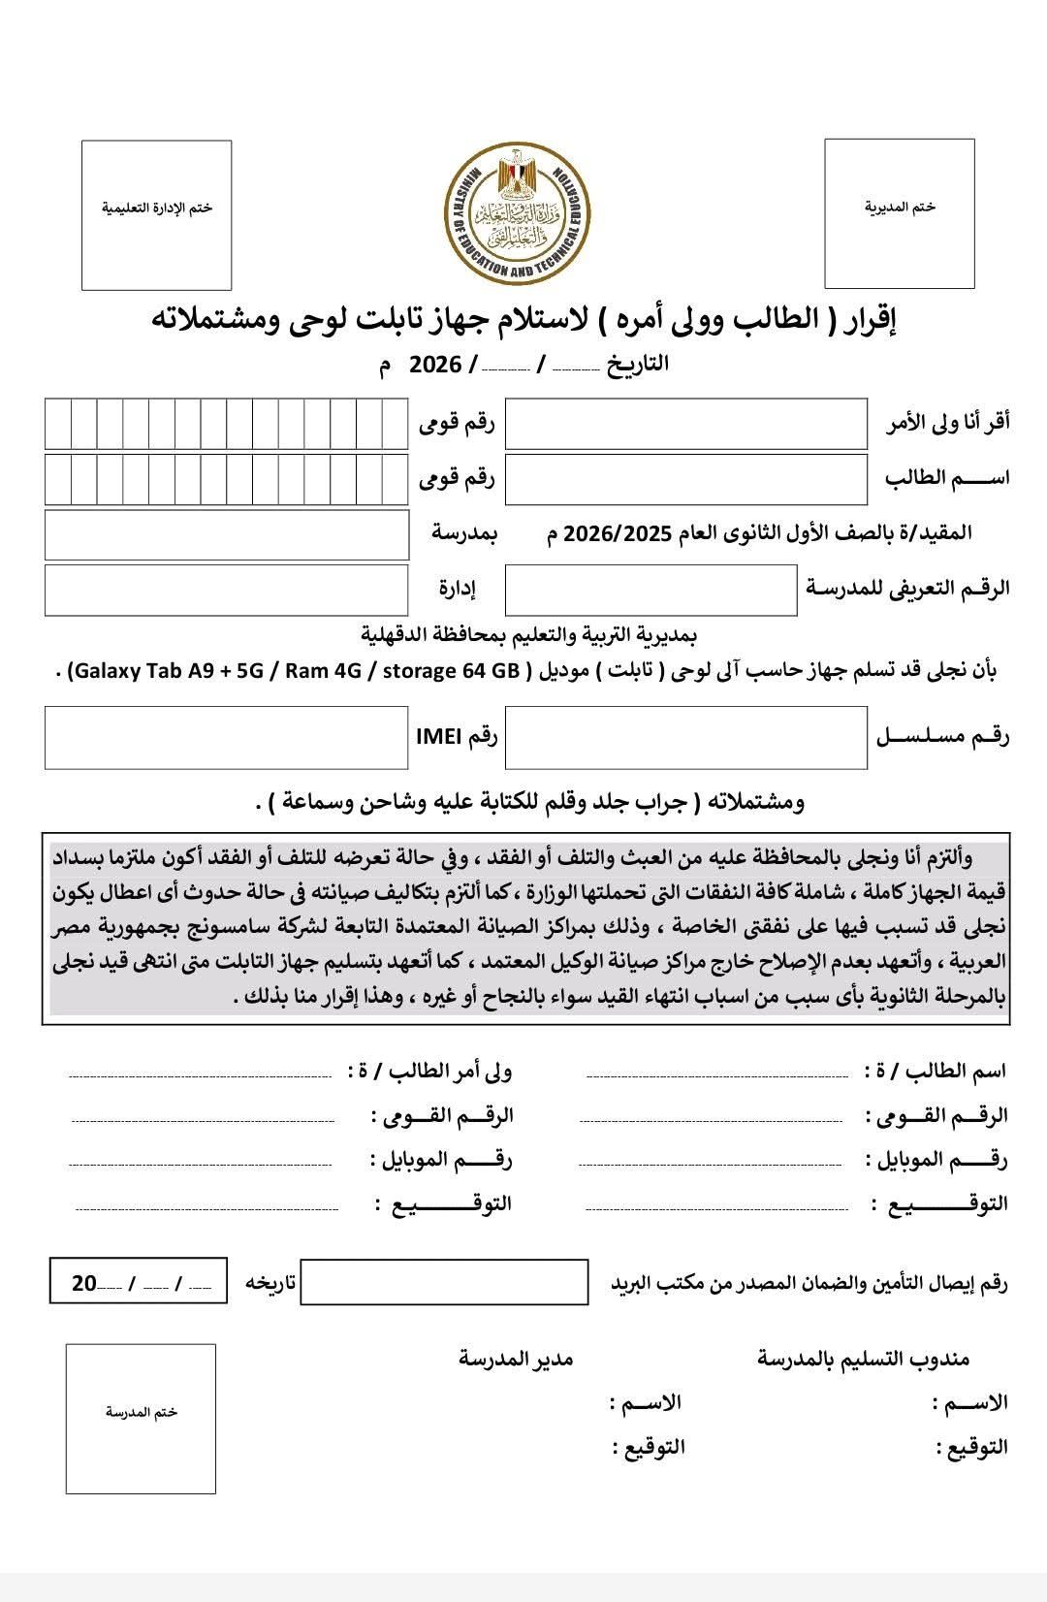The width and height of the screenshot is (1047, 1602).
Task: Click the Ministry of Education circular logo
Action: pyautogui.click(x=523, y=215)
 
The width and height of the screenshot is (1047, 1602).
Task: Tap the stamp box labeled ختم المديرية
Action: pyautogui.click(x=899, y=213)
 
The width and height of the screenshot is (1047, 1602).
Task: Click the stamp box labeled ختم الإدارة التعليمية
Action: pyautogui.click(x=156, y=214)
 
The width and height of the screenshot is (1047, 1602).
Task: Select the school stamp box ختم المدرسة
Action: pyautogui.click(x=141, y=1418)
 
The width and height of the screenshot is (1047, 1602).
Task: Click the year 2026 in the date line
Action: pyautogui.click(x=436, y=365)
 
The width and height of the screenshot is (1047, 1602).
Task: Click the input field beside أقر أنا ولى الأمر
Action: pyautogui.click(x=685, y=423)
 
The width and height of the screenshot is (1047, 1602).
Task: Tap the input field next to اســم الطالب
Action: pyautogui.click(x=685, y=478)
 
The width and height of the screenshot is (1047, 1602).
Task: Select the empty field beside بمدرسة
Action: pyautogui.click(x=226, y=534)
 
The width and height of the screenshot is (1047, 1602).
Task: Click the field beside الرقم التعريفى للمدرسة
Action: pyautogui.click(x=650, y=590)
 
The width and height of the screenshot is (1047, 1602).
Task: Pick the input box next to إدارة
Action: pyautogui.click(x=226, y=590)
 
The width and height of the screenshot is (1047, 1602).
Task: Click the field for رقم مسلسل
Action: pyautogui.click(x=685, y=737)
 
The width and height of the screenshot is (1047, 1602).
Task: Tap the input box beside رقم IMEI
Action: pyautogui.click(x=226, y=737)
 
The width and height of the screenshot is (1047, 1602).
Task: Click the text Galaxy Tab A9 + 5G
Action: pyautogui.click(x=174, y=671)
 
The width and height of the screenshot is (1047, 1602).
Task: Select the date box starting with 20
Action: pyautogui.click(x=138, y=1282)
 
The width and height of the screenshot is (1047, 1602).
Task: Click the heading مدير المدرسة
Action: pyautogui.click(x=516, y=1358)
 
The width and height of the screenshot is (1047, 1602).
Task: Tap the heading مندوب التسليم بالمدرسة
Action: pyautogui.click(x=863, y=1359)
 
